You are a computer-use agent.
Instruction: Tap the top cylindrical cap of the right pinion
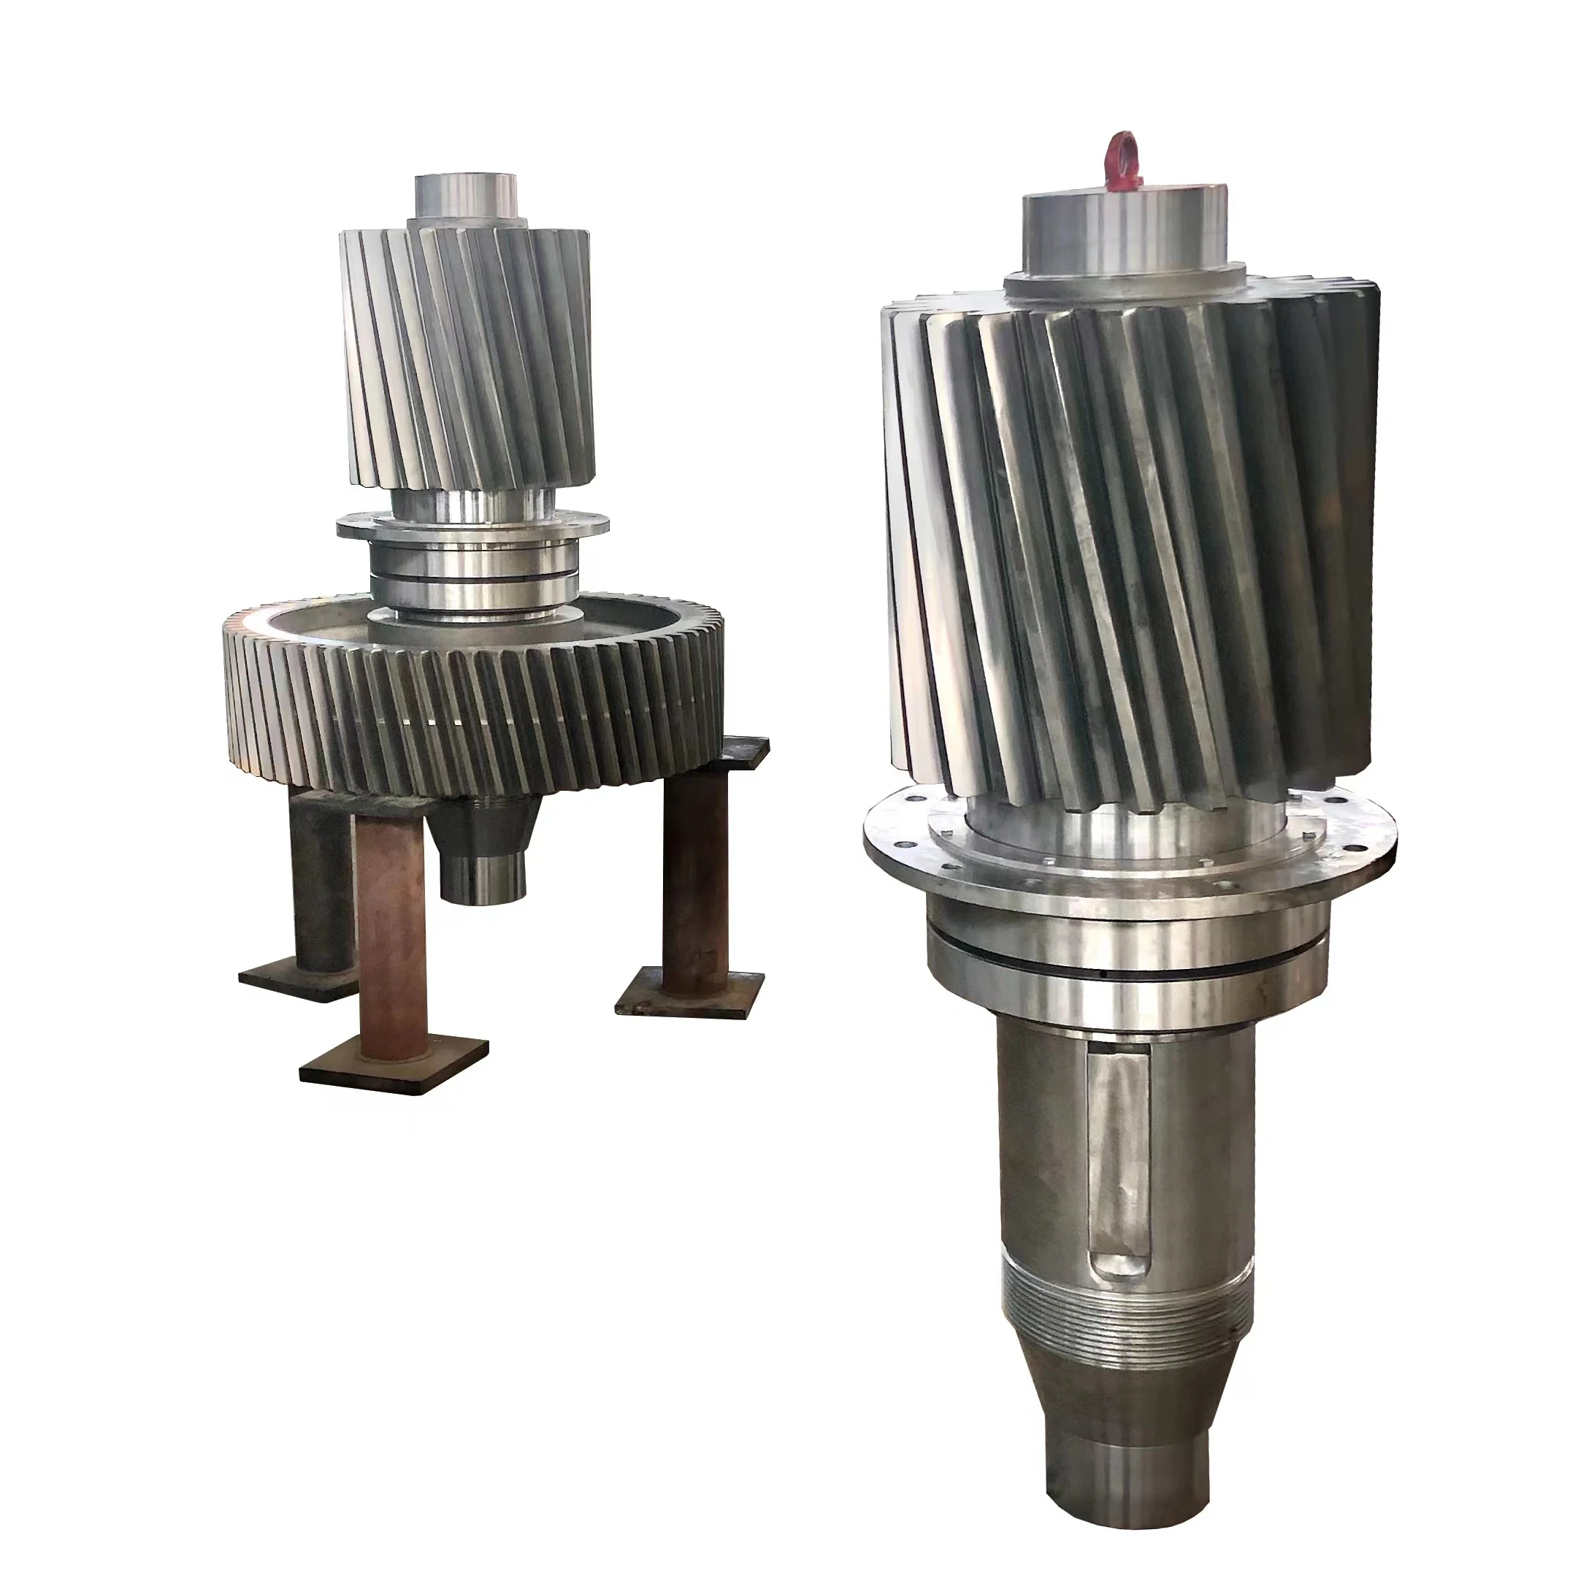tap(1123, 233)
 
